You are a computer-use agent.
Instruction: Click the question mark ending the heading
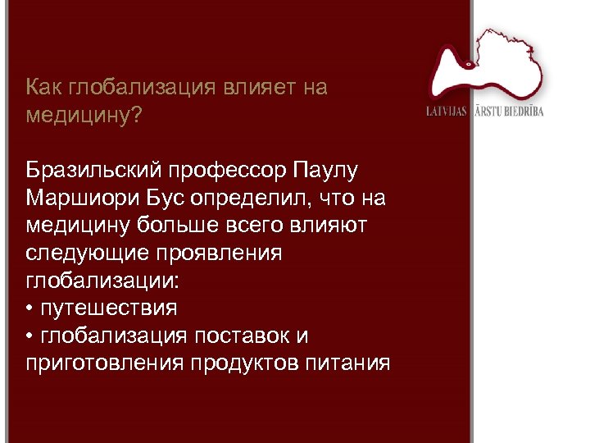point(136,116)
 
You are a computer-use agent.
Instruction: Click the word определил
point(255,199)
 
